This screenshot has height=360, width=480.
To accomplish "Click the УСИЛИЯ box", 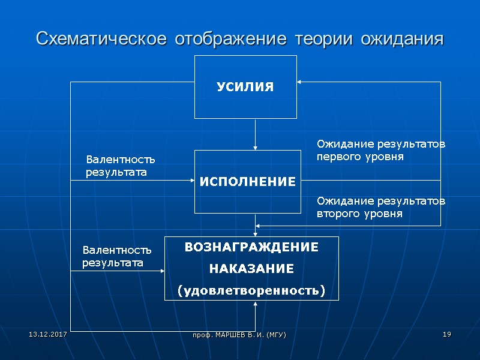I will click(245, 87).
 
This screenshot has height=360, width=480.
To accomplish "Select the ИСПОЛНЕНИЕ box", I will click(247, 181).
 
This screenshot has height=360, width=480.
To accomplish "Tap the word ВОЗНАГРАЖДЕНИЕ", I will click(251, 247).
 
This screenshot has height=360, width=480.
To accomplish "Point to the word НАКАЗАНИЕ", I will click(251, 269).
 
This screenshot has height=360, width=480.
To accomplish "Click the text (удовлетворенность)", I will click(251, 291).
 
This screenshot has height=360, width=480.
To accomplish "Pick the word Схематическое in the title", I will click(100, 39).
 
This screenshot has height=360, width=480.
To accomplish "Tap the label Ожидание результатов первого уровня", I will click(380, 151).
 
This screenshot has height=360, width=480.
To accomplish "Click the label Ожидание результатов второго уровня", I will click(380, 207).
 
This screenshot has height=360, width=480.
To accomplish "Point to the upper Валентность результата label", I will click(120, 166).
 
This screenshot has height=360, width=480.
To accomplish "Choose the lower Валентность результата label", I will click(116, 256).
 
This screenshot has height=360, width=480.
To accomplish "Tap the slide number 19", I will click(446, 334).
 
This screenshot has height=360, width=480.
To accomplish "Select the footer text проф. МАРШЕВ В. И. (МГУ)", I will click(243, 334).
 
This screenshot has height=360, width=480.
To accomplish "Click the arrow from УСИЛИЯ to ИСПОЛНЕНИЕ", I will click(256, 134).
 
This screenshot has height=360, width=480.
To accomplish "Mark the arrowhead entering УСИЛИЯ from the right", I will click(300, 82).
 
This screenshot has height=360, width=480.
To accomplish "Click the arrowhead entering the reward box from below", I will click(256, 303).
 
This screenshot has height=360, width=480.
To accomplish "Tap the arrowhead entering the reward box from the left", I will click(162, 271).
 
